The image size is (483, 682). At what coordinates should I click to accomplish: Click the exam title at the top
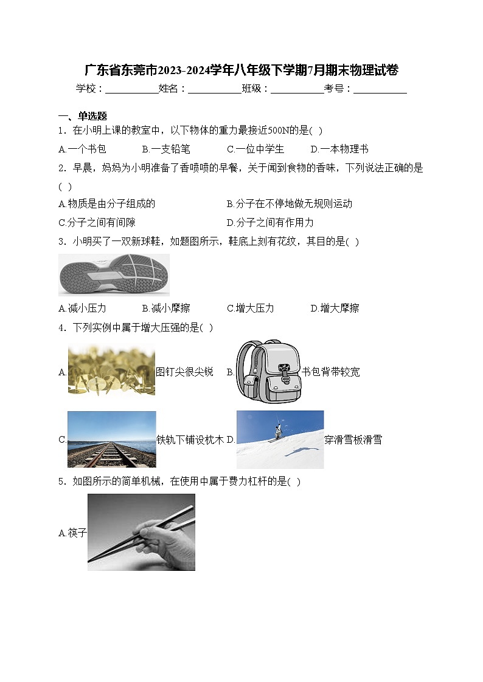coord(241,70)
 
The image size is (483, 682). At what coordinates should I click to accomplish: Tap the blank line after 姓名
coord(214,89)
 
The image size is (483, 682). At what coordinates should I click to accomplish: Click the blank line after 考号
coord(380,89)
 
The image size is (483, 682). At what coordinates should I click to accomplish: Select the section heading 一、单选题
coord(83,116)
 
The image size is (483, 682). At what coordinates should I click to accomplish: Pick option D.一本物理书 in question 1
coord(339,149)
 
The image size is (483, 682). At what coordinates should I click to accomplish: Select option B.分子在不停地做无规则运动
coord(289,204)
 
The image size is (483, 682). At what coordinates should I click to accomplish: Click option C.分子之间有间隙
coord(97,222)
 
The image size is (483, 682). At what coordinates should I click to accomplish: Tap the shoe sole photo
coord(114,275)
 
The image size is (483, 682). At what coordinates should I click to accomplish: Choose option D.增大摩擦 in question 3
coord(335,308)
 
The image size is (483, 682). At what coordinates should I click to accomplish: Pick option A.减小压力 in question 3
coord(82,308)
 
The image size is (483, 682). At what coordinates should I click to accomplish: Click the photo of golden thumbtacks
coord(111,370)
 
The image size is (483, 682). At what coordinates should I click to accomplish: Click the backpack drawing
coord(268,371)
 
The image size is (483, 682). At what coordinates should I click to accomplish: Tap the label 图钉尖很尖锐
coord(184,372)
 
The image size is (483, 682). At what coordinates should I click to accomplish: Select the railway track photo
coord(111,440)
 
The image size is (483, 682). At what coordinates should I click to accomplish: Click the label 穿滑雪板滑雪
coord(353,440)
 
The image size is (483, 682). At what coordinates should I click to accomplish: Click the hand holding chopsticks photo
coord(141,532)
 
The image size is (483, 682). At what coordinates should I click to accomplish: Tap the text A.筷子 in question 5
coord(73,533)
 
